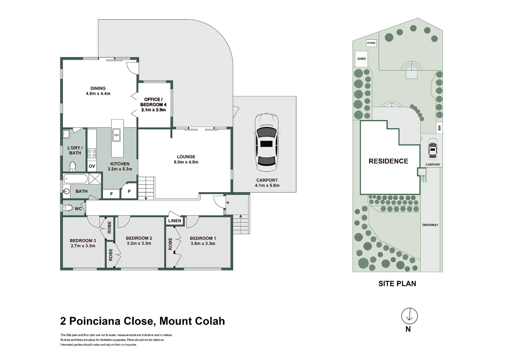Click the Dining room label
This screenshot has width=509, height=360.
pos(98,89)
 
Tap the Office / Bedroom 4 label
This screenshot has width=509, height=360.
pos(153,102)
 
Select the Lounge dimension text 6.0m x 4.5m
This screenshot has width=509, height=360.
pos(186,162)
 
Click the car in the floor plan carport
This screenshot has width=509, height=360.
pos(266,142)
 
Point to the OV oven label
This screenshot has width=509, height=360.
pos(92,166)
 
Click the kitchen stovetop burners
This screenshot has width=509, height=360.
pos(92,153)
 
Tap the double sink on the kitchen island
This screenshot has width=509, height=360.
pos(117,135)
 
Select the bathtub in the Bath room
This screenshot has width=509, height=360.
pos(76,179)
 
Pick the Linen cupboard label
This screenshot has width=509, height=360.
pos(175,221)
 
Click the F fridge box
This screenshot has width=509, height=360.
pos(111,193)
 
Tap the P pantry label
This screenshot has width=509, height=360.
pos(129,192)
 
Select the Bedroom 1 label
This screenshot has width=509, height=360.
pos(203,238)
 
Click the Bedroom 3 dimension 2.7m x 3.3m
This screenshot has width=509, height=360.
pos(83,246)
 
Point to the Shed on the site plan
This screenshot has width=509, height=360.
pos(361,59)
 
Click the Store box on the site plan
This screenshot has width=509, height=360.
pos(371,43)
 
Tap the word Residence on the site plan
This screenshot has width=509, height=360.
pos(388,161)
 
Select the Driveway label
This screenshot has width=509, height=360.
pos(430,225)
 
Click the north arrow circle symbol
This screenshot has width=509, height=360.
pos(409,316)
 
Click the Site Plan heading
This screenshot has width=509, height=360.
pos(397,284)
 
